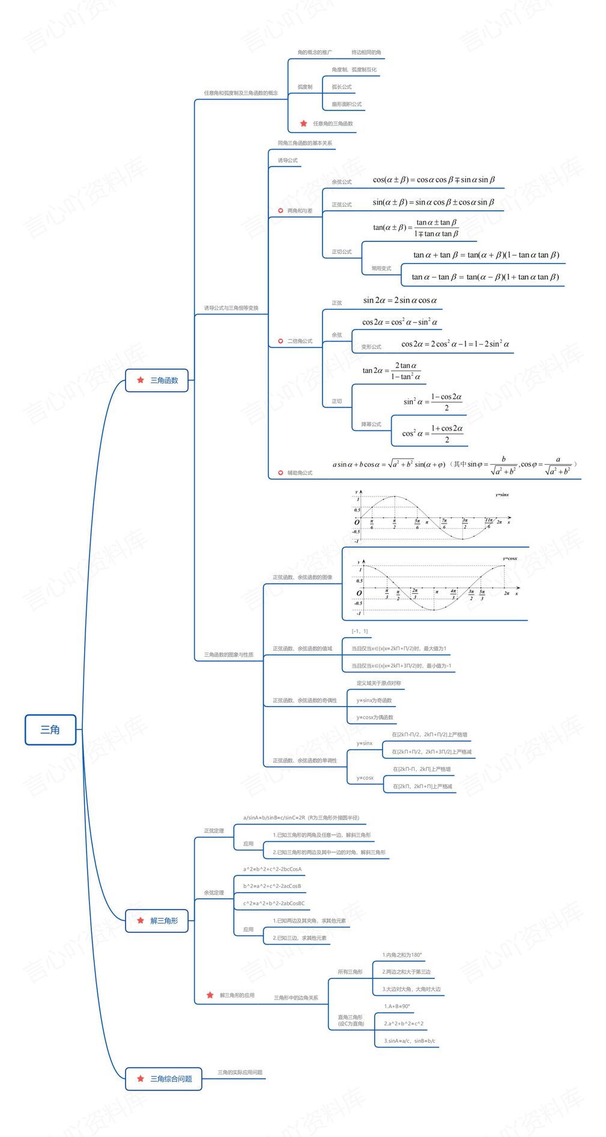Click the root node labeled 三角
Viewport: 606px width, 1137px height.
pyautogui.click(x=50, y=729)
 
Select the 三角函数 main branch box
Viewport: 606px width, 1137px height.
pyautogui.click(x=157, y=380)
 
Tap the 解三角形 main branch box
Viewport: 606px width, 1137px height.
pyautogui.click(x=157, y=920)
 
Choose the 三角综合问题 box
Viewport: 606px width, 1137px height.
pyautogui.click(x=163, y=1079)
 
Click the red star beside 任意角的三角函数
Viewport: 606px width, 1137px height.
pyautogui.click(x=303, y=124)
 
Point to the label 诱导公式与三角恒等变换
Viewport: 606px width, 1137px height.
pyautogui.click(x=231, y=308)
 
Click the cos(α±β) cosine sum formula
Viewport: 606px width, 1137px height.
pyautogui.click(x=434, y=179)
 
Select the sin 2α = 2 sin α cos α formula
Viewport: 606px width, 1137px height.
pyautogui.click(x=400, y=300)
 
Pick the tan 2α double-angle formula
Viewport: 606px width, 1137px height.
pyautogui.click(x=391, y=371)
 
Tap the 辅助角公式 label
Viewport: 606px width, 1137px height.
pyautogui.click(x=300, y=473)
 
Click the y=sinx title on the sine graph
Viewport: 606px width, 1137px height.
pyautogui.click(x=502, y=495)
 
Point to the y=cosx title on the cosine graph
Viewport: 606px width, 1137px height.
pyautogui.click(x=510, y=558)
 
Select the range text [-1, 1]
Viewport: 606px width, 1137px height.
pyautogui.click(x=360, y=631)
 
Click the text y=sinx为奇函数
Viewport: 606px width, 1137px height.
pyautogui.click(x=374, y=701)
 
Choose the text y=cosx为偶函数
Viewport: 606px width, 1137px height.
pyautogui.click(x=375, y=717)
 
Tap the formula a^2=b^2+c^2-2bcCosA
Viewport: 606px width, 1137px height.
pyautogui.click(x=272, y=869)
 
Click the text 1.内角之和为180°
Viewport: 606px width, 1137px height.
pyautogui.click(x=402, y=955)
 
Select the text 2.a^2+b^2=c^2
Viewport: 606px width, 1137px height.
pyautogui.click(x=404, y=1024)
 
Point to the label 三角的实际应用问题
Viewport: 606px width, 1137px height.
pyautogui.click(x=240, y=1072)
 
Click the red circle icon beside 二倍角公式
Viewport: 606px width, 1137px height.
pyautogui.click(x=280, y=341)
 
